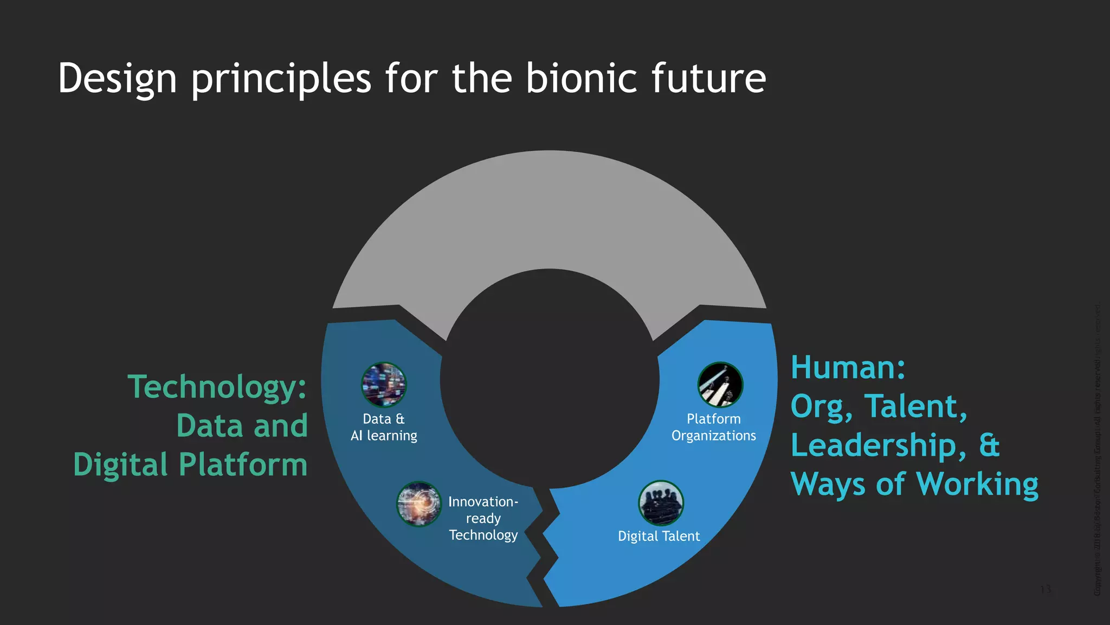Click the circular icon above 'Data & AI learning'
tap(384, 385)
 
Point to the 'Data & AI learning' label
tap(384, 427)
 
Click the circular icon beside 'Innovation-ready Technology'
tap(419, 504)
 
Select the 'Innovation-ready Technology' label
tap(483, 518)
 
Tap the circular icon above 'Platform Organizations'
tap(720, 385)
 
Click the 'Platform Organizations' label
tap(713, 427)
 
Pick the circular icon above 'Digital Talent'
tap(661, 503)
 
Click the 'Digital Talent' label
tap(659, 536)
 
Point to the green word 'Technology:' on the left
tap(217, 387)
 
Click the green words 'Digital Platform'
tap(190, 465)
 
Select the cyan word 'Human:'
tap(848, 367)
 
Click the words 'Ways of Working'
tap(914, 483)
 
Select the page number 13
tap(1046, 589)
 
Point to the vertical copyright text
tap(1098, 450)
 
